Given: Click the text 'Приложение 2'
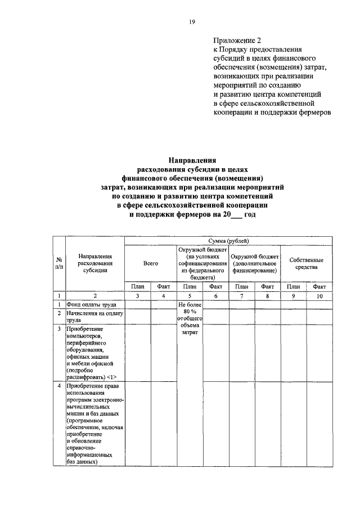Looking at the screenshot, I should pos(237,40).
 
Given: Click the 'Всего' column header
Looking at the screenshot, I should pos(150,263).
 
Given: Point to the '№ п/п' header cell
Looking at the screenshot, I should pos(59,263).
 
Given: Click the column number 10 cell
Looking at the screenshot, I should pos(319,295).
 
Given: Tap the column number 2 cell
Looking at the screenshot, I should pos(95,295).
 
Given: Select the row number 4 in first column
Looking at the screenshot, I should pos(59,386).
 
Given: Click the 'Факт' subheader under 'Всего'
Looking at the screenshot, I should pos(163,286).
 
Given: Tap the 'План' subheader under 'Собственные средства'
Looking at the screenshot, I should pos(293,286).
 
